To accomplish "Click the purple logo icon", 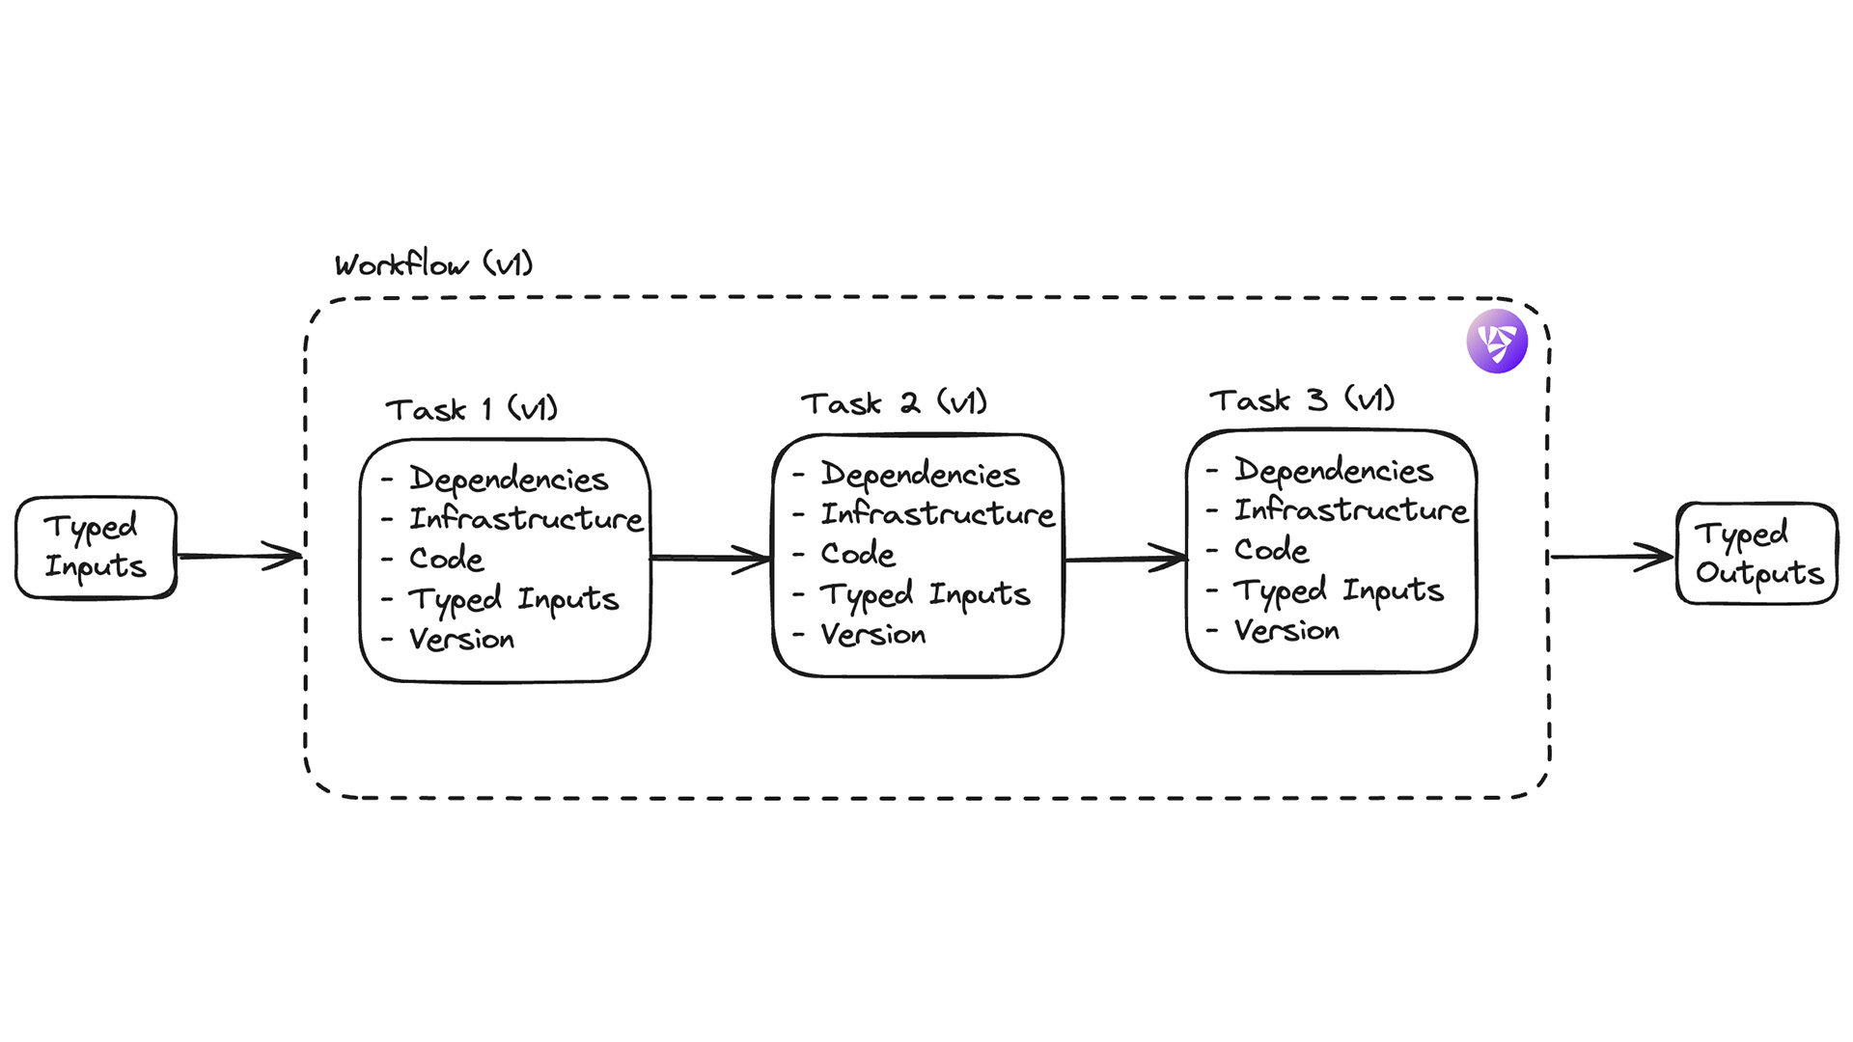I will pyautogui.click(x=1497, y=342).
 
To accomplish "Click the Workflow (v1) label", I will pyautogui.click(x=433, y=263).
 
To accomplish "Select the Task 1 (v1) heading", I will pyautogui.click(x=472, y=409).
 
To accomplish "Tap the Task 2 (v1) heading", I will pyautogui.click(x=894, y=403).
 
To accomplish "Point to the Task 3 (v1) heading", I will pyautogui.click(x=1302, y=399).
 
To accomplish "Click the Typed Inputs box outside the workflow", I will pyautogui.click(x=96, y=547).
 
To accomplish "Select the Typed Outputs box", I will pyautogui.click(x=1757, y=554).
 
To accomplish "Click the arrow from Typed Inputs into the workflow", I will pyautogui.click(x=240, y=556).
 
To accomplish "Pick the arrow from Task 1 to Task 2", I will pyautogui.click(x=711, y=558).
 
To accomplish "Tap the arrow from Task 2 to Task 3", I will pyautogui.click(x=1125, y=558).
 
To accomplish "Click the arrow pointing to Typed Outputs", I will pyautogui.click(x=1611, y=557).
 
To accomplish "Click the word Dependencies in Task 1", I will pyautogui.click(x=509, y=479).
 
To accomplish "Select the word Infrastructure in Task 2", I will pyautogui.click(x=937, y=514).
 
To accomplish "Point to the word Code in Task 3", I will pyautogui.click(x=1271, y=550).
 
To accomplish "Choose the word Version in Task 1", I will pyautogui.click(x=461, y=639).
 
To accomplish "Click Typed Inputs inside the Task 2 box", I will pyautogui.click(x=925, y=594).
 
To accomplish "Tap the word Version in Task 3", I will pyautogui.click(x=1286, y=631).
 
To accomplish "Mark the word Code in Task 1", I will pyautogui.click(x=446, y=559).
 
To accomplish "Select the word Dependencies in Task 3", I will pyautogui.click(x=1334, y=471).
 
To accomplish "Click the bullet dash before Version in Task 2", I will pyautogui.click(x=799, y=635).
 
